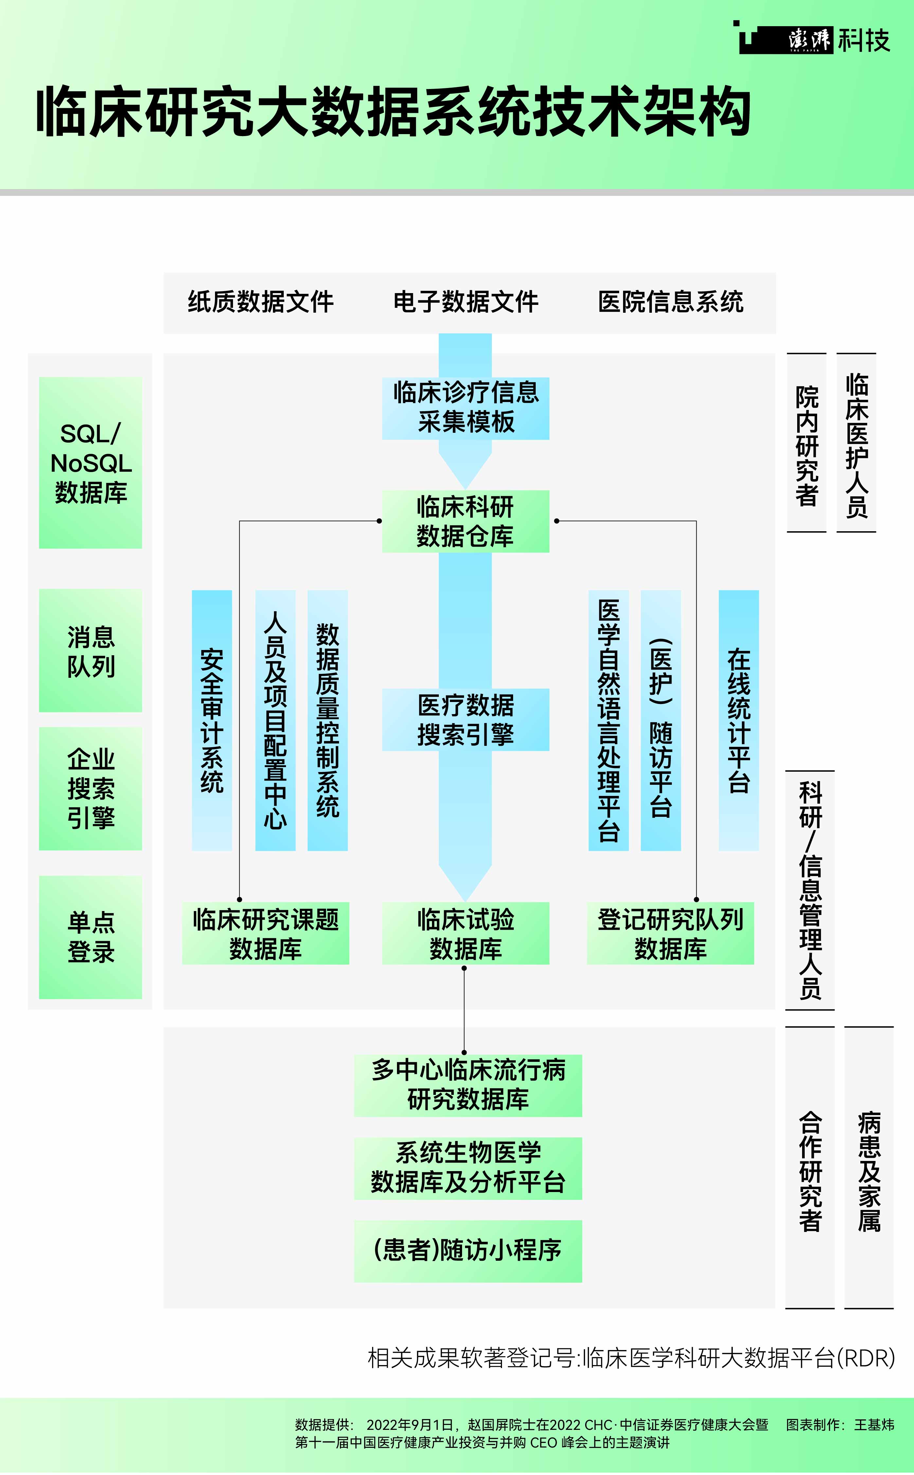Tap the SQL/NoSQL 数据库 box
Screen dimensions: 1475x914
91,463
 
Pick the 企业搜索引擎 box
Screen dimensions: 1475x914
91,789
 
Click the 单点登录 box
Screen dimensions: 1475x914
91,937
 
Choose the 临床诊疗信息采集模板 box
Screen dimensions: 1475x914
465,408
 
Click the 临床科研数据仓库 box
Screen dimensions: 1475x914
465,521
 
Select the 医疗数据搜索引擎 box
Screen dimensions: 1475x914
465,720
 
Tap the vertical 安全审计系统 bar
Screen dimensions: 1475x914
212,720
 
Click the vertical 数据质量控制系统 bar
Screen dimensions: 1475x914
328,720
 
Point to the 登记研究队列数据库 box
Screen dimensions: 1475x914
671,934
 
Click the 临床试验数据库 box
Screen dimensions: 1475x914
465,934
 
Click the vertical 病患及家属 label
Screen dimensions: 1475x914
869,1171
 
